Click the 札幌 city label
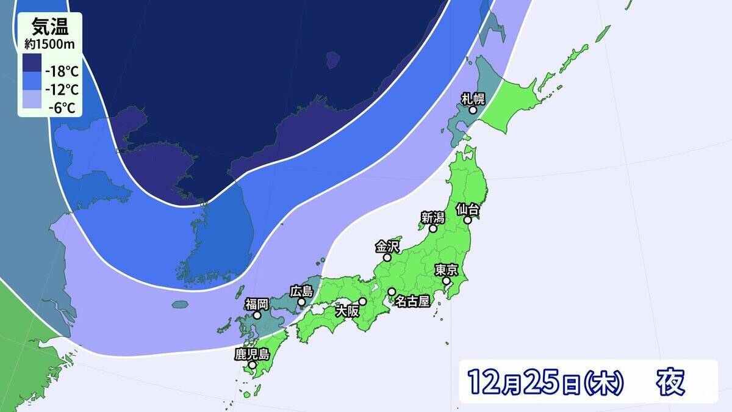coord(473,98)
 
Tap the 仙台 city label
coord(468,209)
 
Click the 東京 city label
coord(447,269)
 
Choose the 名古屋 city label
coord(413,300)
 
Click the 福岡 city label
coord(257,304)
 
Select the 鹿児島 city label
coord(252,353)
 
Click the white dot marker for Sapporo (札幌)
coord(473,110)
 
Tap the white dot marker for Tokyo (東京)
coord(447,281)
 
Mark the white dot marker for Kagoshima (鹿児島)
coord(252,365)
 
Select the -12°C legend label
coord(63,90)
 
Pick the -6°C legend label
coord(63,109)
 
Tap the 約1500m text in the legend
coord(49,44)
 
